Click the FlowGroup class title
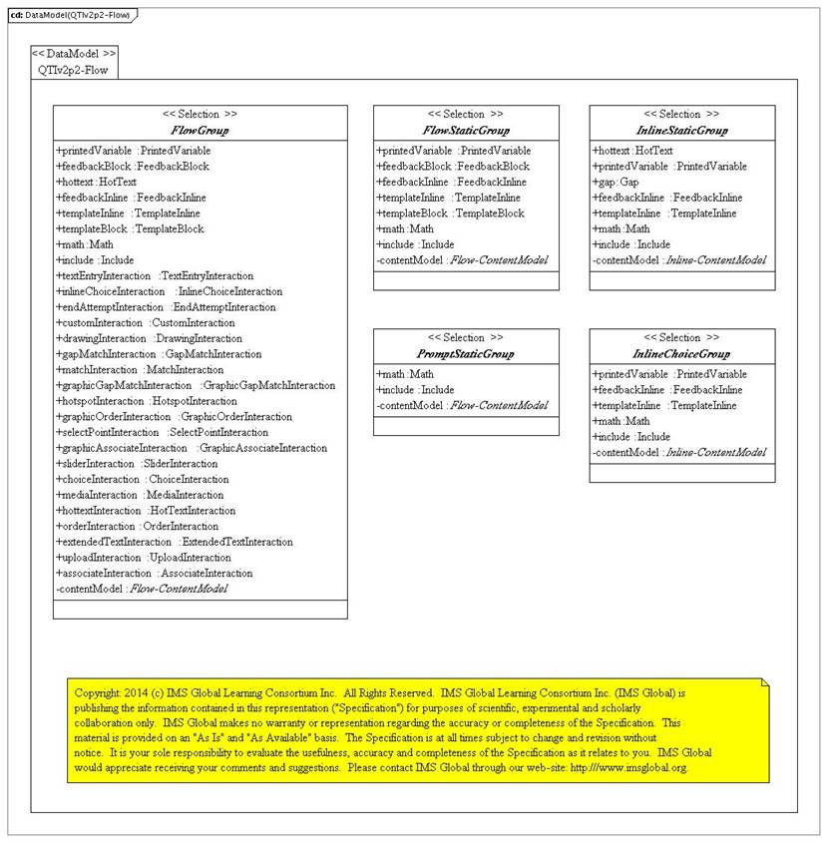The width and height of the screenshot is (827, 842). coord(200,131)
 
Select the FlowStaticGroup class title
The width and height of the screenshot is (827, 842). coord(466,131)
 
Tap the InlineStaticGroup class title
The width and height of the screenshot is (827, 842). coord(681,131)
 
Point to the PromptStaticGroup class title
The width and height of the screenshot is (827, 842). coord(466,354)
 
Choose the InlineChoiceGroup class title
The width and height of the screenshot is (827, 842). coord(681,354)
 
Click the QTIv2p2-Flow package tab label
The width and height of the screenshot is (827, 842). coord(74,70)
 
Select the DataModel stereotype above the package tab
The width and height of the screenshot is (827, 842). coord(74,53)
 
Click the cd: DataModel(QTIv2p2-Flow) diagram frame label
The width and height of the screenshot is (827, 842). coord(70,15)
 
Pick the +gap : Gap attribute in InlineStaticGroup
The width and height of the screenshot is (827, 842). coord(617,183)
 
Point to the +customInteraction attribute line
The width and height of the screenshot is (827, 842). coord(146,323)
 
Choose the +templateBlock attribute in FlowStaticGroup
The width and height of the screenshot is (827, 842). coord(450,213)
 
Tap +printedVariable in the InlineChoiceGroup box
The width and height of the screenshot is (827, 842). coord(655,375)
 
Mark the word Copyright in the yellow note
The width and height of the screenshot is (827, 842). coord(99,691)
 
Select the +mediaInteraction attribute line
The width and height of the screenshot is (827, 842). coord(141,495)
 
